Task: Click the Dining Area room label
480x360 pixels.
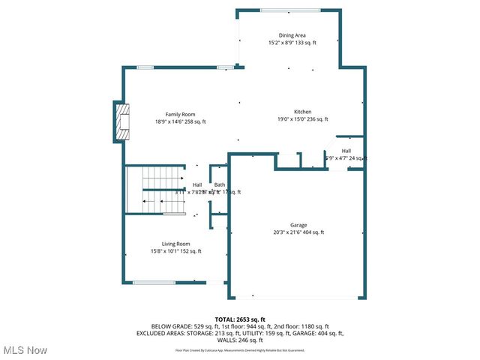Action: [x=292, y=34]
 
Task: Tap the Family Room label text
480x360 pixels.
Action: [x=180, y=114]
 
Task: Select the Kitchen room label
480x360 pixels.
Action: [x=302, y=111]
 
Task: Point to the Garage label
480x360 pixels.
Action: [x=298, y=224]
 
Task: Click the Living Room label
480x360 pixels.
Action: [x=175, y=243]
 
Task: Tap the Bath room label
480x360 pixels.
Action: [x=220, y=184]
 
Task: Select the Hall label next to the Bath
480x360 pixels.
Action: [x=197, y=184]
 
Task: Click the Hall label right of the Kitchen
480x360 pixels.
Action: [x=346, y=150]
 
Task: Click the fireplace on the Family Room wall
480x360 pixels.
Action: [x=122, y=121]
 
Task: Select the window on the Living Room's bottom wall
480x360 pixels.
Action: [x=154, y=283]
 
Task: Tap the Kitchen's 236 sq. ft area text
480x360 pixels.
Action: [x=316, y=119]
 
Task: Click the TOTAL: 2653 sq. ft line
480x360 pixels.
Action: [x=240, y=319]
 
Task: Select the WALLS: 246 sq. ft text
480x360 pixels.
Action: [x=240, y=340]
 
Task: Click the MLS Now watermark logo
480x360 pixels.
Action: [x=24, y=350]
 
